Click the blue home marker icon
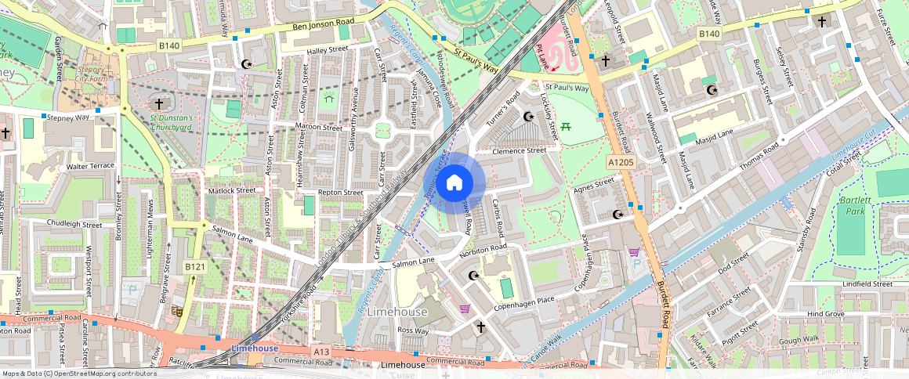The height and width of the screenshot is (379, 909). pyautogui.click(x=454, y=183)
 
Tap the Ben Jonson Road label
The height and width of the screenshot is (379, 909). pyautogui.click(x=323, y=27)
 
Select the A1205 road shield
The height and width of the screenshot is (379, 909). pyautogui.click(x=619, y=161)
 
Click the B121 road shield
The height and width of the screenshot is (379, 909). pyautogui.click(x=194, y=267)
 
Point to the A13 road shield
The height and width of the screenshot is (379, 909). pyautogui.click(x=321, y=352)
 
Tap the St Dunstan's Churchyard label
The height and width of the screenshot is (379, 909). pyautogui.click(x=171, y=122)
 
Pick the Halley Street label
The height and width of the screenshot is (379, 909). pyautogui.click(x=326, y=50)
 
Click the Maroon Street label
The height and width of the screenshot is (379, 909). pyautogui.click(x=319, y=127)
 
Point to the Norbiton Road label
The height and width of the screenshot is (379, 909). pyautogui.click(x=483, y=249)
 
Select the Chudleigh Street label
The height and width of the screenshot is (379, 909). pyautogui.click(x=74, y=224)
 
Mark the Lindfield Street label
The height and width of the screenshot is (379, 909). pyautogui.click(x=867, y=283)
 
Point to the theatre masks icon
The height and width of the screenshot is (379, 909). pyautogui.click(x=178, y=311)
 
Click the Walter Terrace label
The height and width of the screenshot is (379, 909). pyautogui.click(x=91, y=166)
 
